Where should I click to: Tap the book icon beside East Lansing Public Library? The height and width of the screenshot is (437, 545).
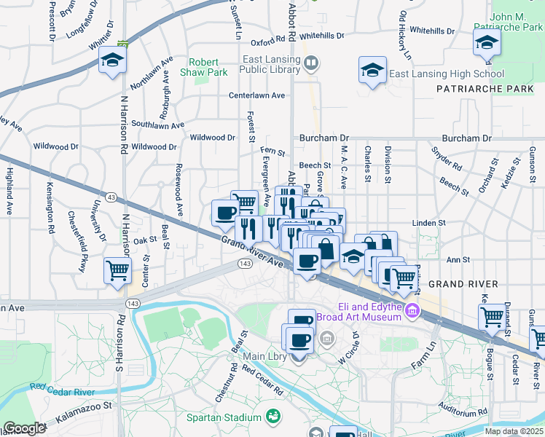(x=311, y=64)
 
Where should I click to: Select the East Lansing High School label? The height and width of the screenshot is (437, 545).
(x=446, y=74)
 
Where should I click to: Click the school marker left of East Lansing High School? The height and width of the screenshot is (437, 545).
(x=372, y=71)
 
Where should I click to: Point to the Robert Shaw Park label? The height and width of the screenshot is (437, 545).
(x=208, y=67)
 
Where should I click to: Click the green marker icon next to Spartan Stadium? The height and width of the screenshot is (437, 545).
(x=273, y=417)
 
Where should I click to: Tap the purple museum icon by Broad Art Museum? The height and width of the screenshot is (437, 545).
(x=412, y=311)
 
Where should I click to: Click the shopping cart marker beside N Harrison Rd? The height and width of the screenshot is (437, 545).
(x=117, y=271)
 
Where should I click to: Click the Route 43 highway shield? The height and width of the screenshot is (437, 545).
(x=111, y=197)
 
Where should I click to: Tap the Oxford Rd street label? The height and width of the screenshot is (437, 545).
(x=267, y=43)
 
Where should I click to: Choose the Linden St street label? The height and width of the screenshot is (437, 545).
(x=428, y=222)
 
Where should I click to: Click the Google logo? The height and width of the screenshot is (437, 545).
(x=25, y=428)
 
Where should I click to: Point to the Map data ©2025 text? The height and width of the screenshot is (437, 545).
(x=514, y=431)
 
